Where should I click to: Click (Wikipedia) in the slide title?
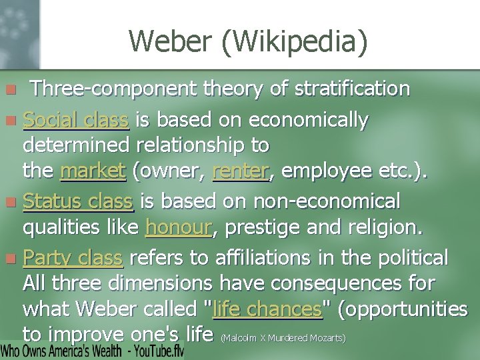pos(297,42)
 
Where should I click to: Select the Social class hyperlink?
pos(75,120)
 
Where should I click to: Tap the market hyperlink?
pos(93,171)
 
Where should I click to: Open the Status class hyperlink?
pos(78,201)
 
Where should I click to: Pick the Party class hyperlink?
pos(73,257)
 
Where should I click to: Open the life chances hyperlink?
pos(267,309)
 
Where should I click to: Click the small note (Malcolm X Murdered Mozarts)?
pos(283,338)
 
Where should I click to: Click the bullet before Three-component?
pos(10,89)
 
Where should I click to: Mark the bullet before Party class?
pos(10,258)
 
